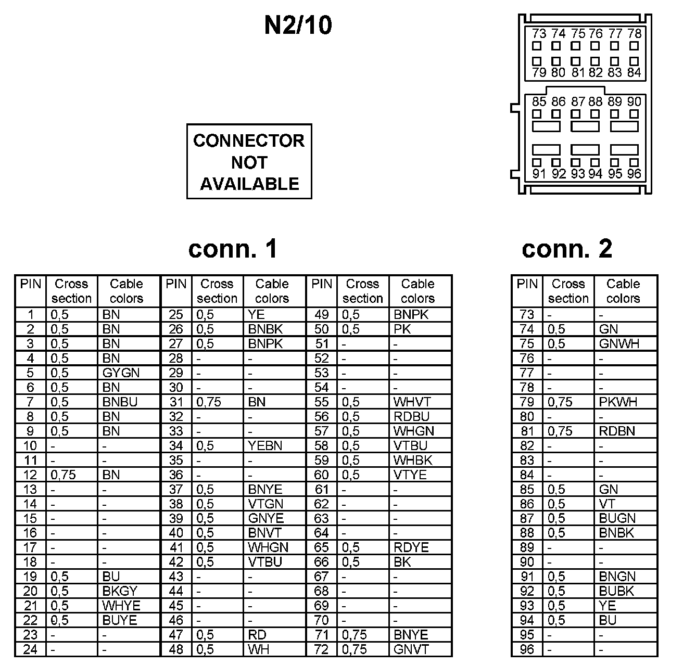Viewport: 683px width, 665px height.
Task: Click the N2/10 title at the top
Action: tap(298, 25)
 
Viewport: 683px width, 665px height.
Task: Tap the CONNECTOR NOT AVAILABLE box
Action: tap(249, 161)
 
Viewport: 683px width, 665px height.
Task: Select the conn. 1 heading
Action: tap(233, 249)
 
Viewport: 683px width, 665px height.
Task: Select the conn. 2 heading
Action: tap(567, 249)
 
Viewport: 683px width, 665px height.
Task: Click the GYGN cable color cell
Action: tap(121, 373)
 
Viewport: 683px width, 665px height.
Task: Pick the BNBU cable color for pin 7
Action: tap(120, 402)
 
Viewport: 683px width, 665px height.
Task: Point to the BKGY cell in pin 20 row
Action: tap(120, 592)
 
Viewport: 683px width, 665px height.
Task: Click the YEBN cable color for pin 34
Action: tap(265, 446)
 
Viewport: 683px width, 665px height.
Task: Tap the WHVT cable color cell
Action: tap(412, 402)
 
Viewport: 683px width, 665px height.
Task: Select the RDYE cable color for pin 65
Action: tap(411, 548)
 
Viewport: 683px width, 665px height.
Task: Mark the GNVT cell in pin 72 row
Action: tap(411, 650)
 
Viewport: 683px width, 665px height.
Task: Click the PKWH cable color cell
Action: tap(618, 402)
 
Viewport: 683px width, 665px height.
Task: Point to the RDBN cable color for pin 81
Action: tap(617, 431)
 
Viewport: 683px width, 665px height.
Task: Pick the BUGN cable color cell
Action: tap(617, 519)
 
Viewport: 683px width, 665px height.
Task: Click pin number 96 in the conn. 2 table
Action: tap(527, 650)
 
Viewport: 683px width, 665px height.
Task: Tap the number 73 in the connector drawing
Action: tap(539, 34)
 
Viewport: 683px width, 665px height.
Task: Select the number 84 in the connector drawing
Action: tap(634, 72)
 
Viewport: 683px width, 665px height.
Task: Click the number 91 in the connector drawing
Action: tap(539, 174)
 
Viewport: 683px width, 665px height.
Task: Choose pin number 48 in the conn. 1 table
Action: tap(176, 650)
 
